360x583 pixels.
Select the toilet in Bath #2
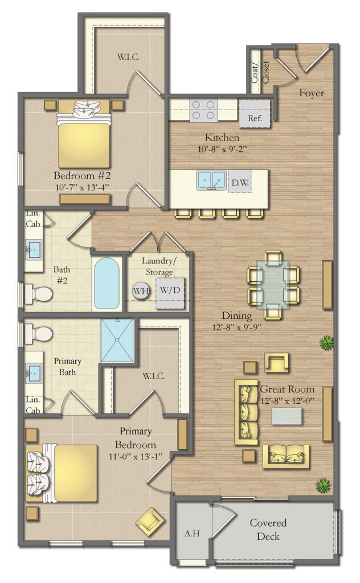coord(38,294)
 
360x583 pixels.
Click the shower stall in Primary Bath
coord(117,340)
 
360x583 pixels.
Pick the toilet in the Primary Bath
coord(38,332)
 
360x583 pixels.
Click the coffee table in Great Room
coord(287,416)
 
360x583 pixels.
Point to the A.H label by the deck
coord(190,534)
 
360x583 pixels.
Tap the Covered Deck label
coord(268,529)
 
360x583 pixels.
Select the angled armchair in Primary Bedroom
coord(150,520)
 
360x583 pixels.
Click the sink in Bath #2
coord(34,249)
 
